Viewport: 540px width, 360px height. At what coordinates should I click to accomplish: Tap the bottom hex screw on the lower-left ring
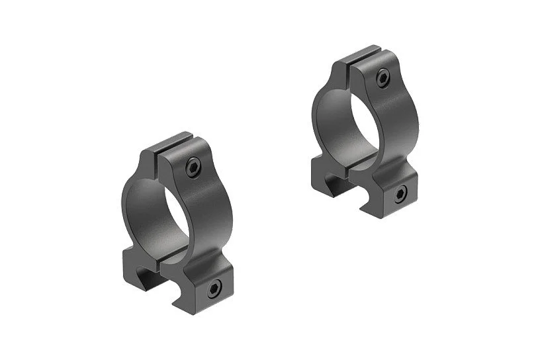(214, 289)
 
